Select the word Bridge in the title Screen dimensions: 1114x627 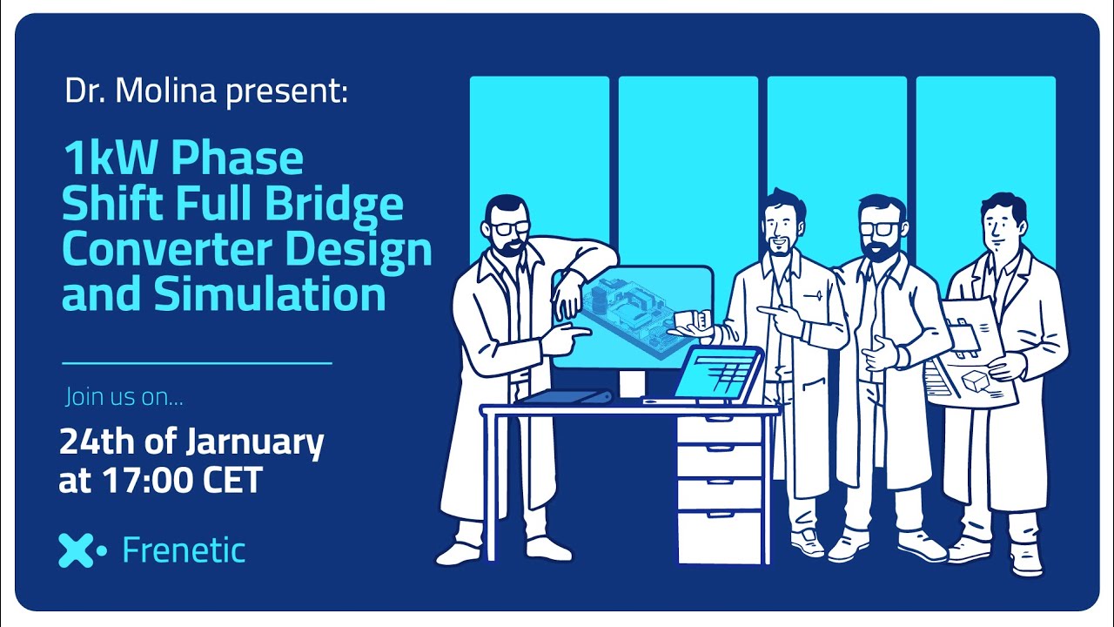[333, 206]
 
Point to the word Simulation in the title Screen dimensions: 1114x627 [269, 293]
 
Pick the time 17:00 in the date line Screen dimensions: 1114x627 [148, 480]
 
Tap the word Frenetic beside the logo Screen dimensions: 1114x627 [184, 549]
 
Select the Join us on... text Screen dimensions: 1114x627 [124, 397]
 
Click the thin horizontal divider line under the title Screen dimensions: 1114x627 [197, 363]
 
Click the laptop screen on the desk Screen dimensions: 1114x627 [715, 373]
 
